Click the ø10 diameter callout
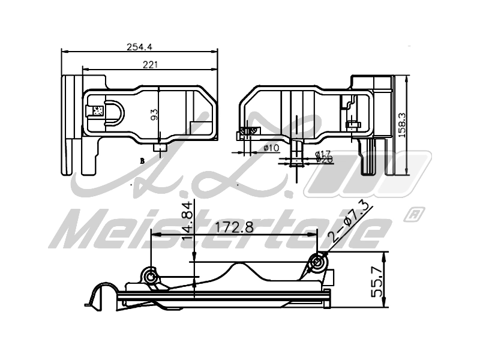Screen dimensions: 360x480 tap(271, 148)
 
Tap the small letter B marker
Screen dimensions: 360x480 tap(142, 161)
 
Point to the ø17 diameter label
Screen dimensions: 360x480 tap(323, 154)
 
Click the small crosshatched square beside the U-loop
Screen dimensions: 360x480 tap(95, 110)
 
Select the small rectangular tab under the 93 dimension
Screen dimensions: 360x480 tap(160, 148)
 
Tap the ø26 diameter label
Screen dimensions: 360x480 tap(324, 160)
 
